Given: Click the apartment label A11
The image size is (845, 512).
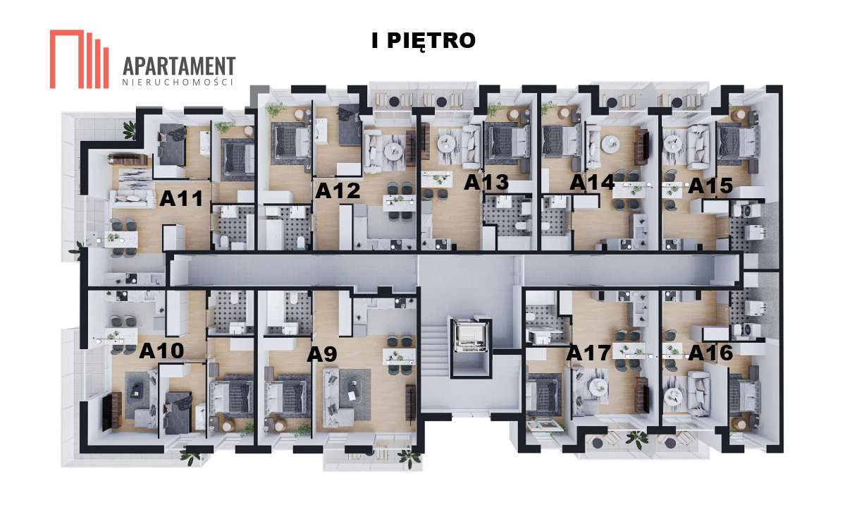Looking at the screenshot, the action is pos(181,199).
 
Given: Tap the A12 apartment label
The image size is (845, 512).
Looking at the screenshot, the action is pos(338,190).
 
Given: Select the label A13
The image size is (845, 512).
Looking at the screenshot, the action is pos(486,183).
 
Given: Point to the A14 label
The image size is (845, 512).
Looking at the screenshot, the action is pos(592,183).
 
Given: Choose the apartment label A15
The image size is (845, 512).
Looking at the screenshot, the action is pos(710,185).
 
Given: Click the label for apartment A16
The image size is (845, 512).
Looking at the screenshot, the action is pos(711,353).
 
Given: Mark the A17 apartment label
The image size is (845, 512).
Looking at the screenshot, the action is pos(588,353).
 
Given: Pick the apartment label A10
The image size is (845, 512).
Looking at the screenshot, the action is pos(161,351).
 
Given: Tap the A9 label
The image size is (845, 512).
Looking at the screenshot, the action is pos(322,355).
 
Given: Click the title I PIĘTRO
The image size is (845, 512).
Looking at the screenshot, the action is pos(424,41).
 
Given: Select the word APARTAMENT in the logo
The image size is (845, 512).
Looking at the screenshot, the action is pos(179,66).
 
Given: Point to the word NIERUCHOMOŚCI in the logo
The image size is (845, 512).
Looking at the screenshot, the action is pos(178,83).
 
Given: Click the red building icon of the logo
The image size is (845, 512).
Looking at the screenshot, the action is pos(79,59).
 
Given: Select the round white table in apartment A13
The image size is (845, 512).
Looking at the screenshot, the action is pos(447,143).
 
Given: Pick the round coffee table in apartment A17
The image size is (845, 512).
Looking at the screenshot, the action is pos(596,386).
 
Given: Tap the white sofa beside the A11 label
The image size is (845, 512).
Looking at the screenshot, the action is pos(132,199).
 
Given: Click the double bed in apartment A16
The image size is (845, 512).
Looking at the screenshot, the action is pos(744,396).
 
